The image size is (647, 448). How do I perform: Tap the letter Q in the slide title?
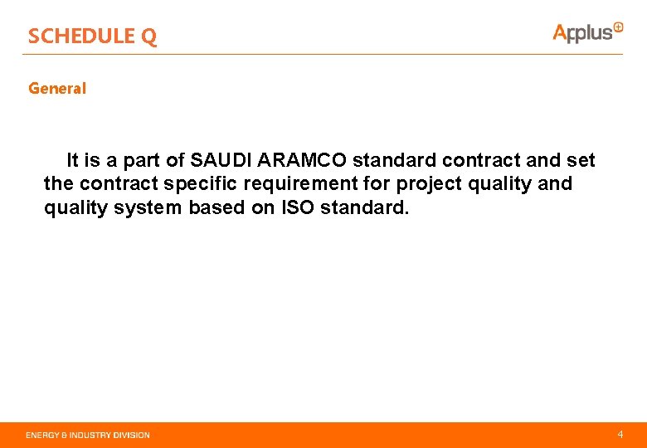[148, 37]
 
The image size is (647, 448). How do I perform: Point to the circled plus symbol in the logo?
[618, 27]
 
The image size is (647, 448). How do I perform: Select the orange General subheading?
[57, 88]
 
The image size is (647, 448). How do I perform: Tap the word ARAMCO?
[304, 159]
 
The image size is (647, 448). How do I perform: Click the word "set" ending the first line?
[580, 159]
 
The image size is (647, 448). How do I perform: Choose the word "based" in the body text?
[216, 207]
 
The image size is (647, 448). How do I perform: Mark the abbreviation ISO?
[298, 207]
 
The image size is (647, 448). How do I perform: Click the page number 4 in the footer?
[620, 434]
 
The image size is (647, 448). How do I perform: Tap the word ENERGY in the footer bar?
[42, 435]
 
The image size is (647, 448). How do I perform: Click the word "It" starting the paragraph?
[73, 159]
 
